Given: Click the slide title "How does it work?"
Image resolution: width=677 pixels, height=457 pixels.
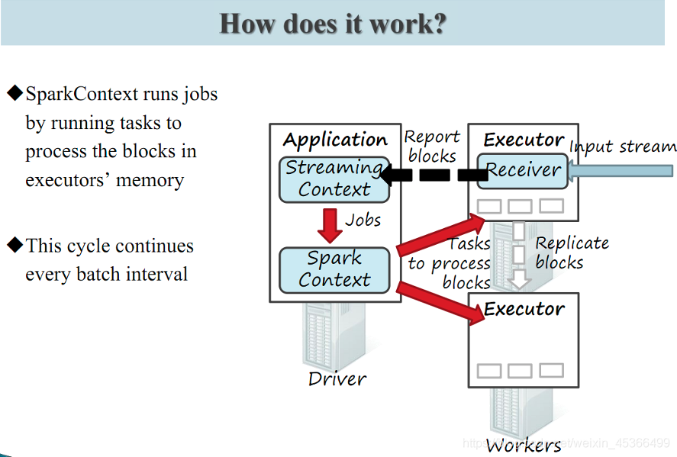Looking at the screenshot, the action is coord(333,24).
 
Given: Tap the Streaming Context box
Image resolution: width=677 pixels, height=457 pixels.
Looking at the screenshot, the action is coord(334,179).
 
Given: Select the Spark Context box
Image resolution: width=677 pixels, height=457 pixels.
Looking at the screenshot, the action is coord(334,270).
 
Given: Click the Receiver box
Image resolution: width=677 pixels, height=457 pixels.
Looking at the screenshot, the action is coord(522,171).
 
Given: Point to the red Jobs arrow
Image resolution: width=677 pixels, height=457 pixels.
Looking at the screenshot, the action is coord(330,225).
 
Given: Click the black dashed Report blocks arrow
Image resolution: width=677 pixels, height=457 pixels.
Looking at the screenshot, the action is coord(434,175).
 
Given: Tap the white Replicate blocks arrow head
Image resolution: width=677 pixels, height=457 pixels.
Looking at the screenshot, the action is coord(519,279).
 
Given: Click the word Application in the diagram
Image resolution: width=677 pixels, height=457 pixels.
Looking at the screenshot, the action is coord(336,140).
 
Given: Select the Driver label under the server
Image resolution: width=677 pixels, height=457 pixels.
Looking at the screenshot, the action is coord(337,379).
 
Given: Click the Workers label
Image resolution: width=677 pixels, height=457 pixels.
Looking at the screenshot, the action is coord(524,446).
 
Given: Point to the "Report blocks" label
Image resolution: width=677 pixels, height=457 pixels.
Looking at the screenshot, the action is coord(432,146).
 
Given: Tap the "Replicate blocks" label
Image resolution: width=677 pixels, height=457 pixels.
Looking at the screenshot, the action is coord(572,253).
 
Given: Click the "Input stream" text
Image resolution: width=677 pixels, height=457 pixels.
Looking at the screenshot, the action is coord(623,146).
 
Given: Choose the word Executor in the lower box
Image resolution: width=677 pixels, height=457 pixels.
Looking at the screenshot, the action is coord(524,309).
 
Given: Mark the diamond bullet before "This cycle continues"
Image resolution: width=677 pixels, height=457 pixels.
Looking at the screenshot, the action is coord(15,245).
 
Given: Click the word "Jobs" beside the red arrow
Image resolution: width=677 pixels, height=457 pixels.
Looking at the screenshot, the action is coord(363,220).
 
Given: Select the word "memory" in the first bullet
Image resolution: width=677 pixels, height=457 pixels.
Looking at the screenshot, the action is coord(150,181).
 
